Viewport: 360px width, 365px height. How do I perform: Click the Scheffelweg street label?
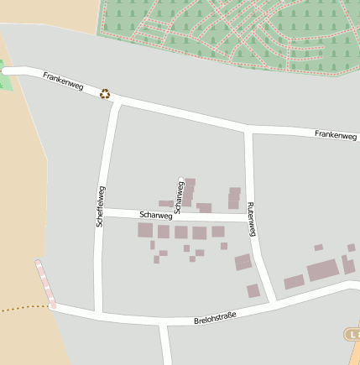100,206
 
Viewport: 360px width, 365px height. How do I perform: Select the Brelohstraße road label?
215,317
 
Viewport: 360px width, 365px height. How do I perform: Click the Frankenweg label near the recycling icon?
63,82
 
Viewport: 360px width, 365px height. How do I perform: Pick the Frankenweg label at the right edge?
337,134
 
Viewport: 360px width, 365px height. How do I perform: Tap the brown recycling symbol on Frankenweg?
105,93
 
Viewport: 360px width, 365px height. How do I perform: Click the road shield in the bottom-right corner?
352,335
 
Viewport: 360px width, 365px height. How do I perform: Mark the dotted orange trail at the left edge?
21,308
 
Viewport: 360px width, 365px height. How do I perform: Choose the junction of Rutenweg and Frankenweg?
248,130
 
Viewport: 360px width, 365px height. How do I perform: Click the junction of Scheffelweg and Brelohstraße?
99,314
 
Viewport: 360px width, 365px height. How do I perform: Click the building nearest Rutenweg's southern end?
253,291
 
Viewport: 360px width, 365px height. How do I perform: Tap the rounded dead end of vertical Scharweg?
180,179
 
